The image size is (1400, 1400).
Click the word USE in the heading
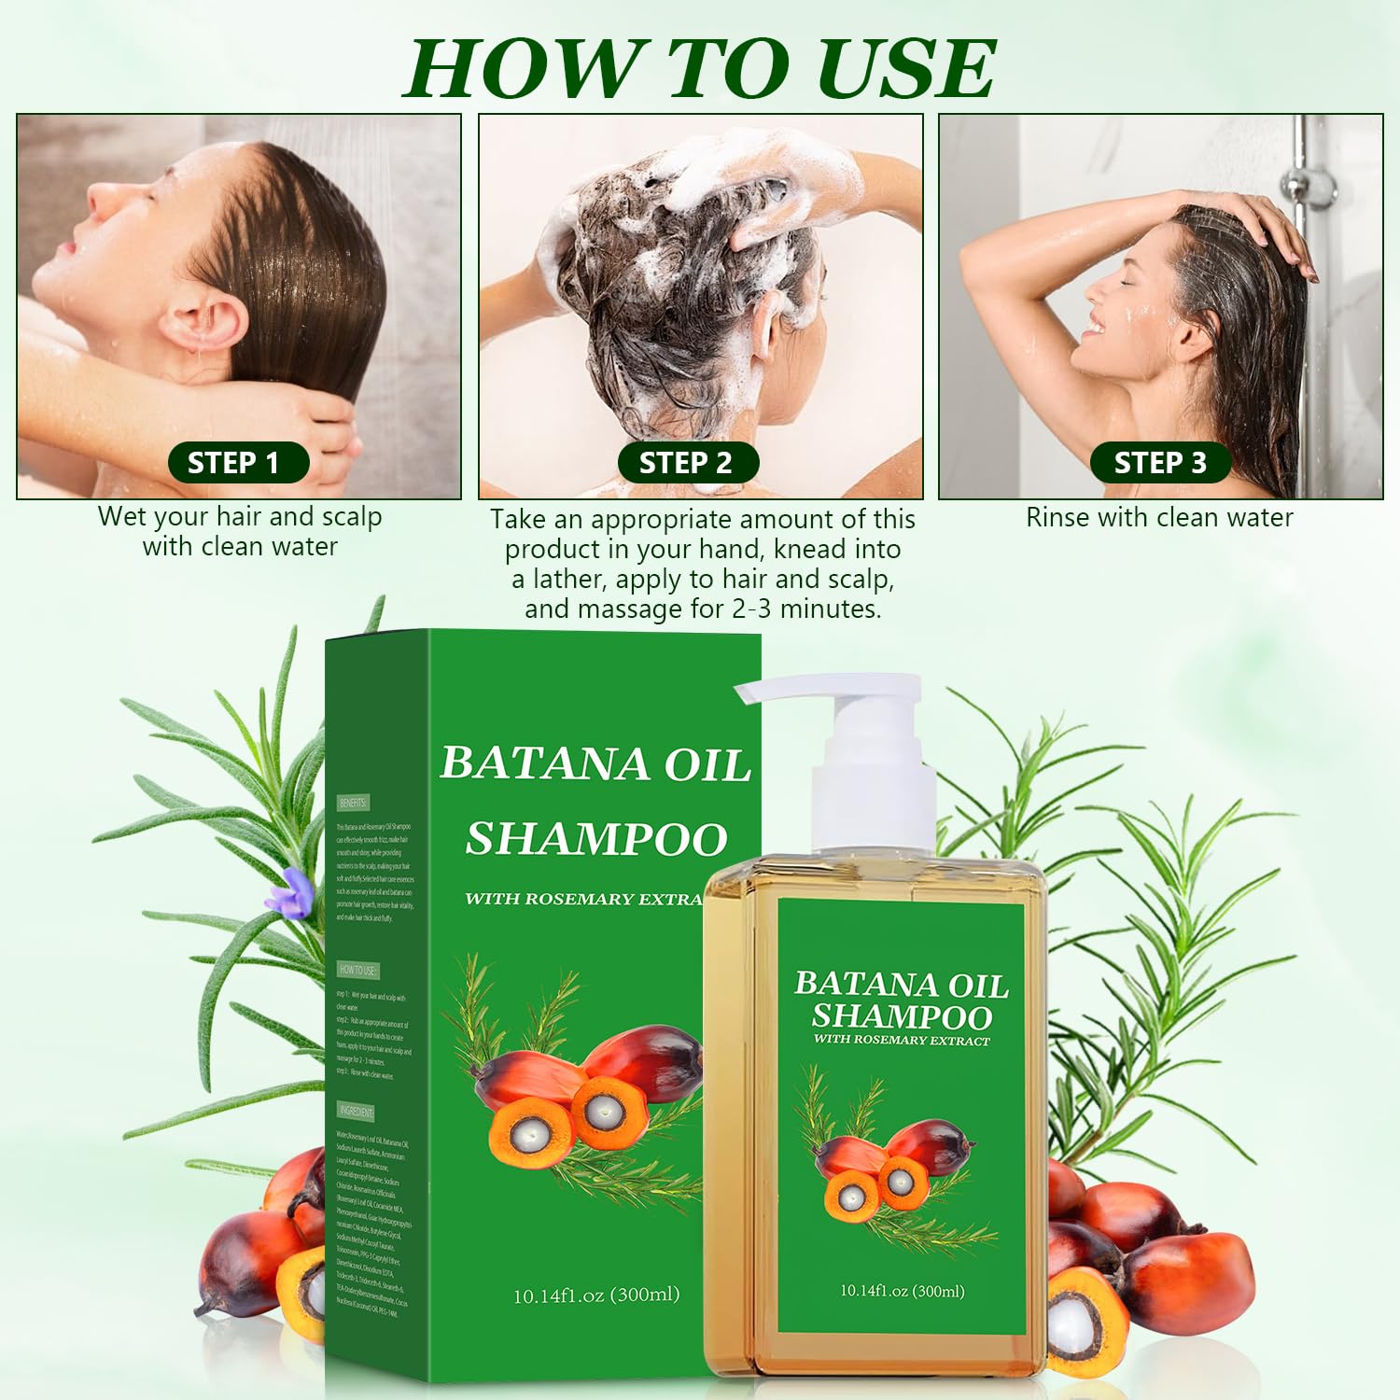(905, 69)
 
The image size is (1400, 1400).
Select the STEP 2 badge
(688, 463)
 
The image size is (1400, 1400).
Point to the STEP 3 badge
(1160, 463)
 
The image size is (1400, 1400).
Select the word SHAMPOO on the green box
(596, 838)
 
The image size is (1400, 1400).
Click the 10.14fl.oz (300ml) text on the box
(596, 1295)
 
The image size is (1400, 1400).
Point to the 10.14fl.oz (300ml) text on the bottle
(902, 1291)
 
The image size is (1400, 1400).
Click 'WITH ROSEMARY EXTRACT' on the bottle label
(902, 1040)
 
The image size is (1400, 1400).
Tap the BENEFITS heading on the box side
(353, 803)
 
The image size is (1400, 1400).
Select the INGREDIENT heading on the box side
(356, 1112)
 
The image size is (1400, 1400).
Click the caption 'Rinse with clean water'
(1159, 517)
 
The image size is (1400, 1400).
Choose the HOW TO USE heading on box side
(357, 971)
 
